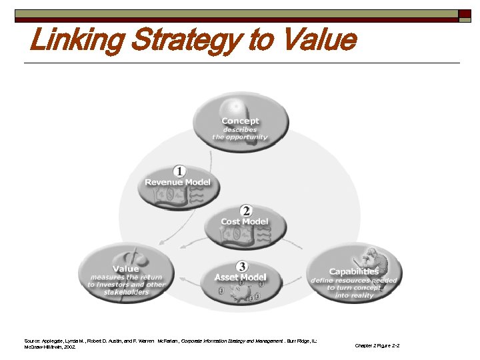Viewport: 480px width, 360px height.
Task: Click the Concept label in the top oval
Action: pos(241,121)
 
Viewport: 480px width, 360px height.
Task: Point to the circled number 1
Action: pos(179,171)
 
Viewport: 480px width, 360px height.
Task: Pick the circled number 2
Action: pos(246,211)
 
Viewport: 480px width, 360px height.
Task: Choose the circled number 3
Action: pos(241,267)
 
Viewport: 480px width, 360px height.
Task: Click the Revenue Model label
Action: pos(177,182)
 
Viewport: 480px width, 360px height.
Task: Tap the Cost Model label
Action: pos(245,221)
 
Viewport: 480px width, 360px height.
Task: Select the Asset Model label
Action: pos(240,277)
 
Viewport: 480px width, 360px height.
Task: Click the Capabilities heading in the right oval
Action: pos(353,271)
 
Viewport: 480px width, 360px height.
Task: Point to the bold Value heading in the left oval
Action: pos(126,268)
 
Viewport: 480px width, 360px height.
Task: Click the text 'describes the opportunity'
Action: pos(240,133)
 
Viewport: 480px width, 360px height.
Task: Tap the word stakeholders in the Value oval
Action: pos(126,293)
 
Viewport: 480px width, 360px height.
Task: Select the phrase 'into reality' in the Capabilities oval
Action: pos(354,295)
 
